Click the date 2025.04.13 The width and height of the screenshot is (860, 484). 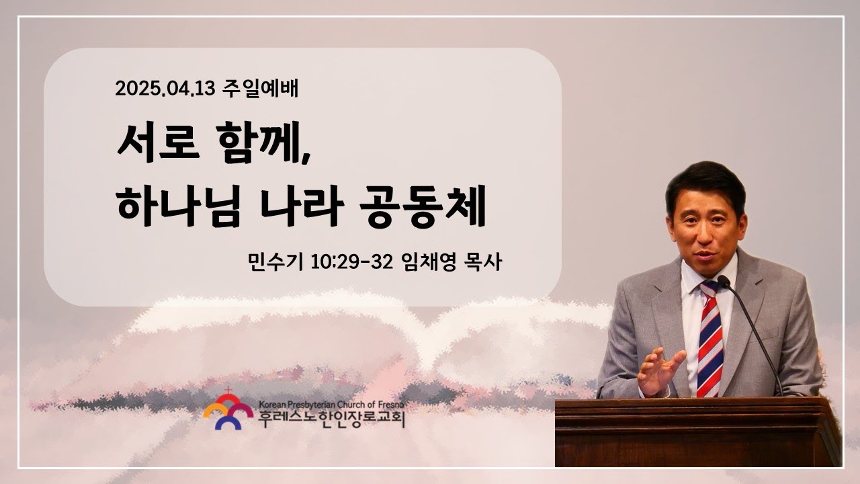pyautogui.click(x=165, y=89)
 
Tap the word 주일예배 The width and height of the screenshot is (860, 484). pyautogui.click(x=260, y=89)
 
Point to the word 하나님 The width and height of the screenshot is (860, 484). pyautogui.click(x=179, y=206)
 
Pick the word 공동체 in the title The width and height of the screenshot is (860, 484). pyautogui.click(x=423, y=206)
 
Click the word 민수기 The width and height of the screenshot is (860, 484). pyautogui.click(x=275, y=261)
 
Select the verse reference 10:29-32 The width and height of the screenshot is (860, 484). pyautogui.click(x=351, y=262)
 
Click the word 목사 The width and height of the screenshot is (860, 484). pyautogui.click(x=482, y=261)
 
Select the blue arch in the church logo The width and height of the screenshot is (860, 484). pyautogui.click(x=228, y=423)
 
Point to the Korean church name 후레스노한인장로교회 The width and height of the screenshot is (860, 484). pyautogui.click(x=331, y=419)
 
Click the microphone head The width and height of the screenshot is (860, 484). pyautogui.click(x=724, y=282)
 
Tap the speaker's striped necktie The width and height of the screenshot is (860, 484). pyautogui.click(x=710, y=339)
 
